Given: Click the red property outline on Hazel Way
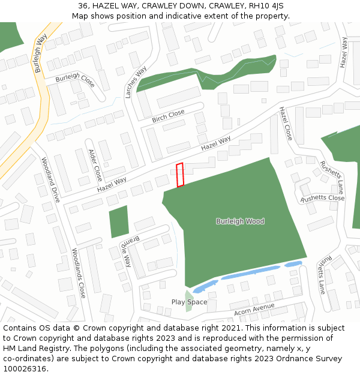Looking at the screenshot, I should coord(180,174).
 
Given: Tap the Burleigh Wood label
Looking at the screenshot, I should coord(240,221).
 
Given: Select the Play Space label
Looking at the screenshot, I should coord(189,302).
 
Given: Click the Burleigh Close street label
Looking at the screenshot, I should coord(75,79).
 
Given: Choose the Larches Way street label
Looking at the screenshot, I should coord(136,82).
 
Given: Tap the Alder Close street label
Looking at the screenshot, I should coord(95,165).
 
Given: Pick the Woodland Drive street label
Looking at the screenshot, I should coord(51,179).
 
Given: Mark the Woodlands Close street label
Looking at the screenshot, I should coord(79,273).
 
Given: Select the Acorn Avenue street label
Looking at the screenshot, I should coord(254,310).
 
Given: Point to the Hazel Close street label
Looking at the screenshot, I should coord(285,124).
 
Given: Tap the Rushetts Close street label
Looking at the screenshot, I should coord(322,198).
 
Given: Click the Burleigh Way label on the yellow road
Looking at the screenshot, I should coord(41,53).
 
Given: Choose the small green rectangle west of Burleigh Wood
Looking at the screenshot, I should coord(119,221).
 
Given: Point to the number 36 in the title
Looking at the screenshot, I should coord(83,6).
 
